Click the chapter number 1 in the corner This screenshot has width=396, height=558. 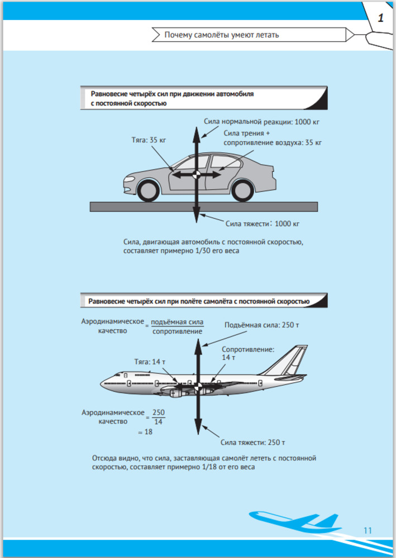point(380,18)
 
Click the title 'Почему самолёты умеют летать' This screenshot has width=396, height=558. point(222,35)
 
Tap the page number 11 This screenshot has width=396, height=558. point(367,530)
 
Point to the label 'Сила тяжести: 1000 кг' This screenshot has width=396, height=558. point(263,224)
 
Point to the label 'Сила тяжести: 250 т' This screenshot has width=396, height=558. point(253,443)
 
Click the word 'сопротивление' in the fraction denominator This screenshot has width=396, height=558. point(177,331)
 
